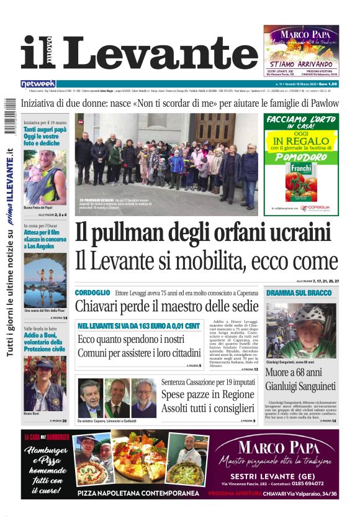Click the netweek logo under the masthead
pos(38,84)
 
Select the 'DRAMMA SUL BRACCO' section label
pos(299,293)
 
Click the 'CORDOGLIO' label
pos(92,293)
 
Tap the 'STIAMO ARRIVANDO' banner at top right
pos(300,63)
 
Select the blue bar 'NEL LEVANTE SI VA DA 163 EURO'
pos(139,325)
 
